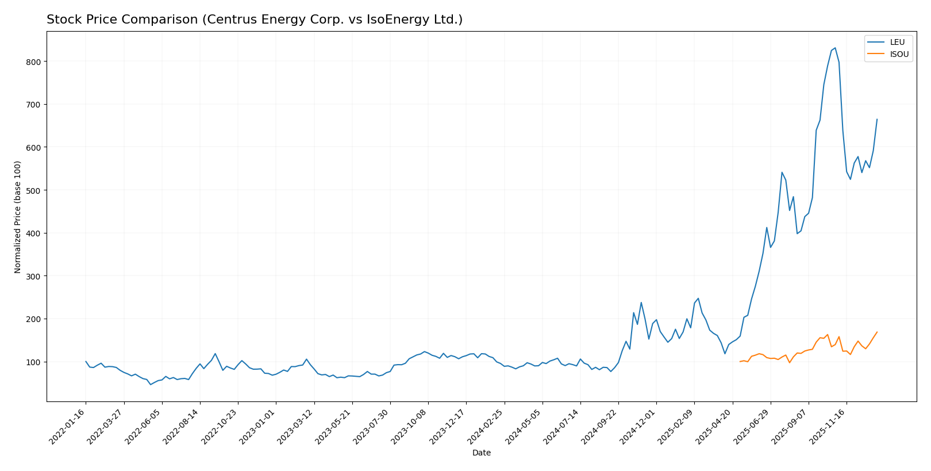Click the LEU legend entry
(x=897, y=42)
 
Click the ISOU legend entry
(x=899, y=55)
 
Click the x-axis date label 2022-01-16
(x=68, y=426)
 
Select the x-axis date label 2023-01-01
(x=258, y=426)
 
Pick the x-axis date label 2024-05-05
(x=524, y=426)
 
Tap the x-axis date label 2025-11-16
(x=828, y=426)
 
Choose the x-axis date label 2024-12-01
(x=638, y=426)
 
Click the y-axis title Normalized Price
(x=18, y=217)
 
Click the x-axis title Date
(x=481, y=453)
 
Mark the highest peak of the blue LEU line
(x=835, y=48)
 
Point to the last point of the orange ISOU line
(x=877, y=332)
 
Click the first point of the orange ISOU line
(x=740, y=362)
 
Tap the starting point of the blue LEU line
(x=86, y=362)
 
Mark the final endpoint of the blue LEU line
(x=877, y=120)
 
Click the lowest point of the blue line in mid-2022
(x=151, y=384)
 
